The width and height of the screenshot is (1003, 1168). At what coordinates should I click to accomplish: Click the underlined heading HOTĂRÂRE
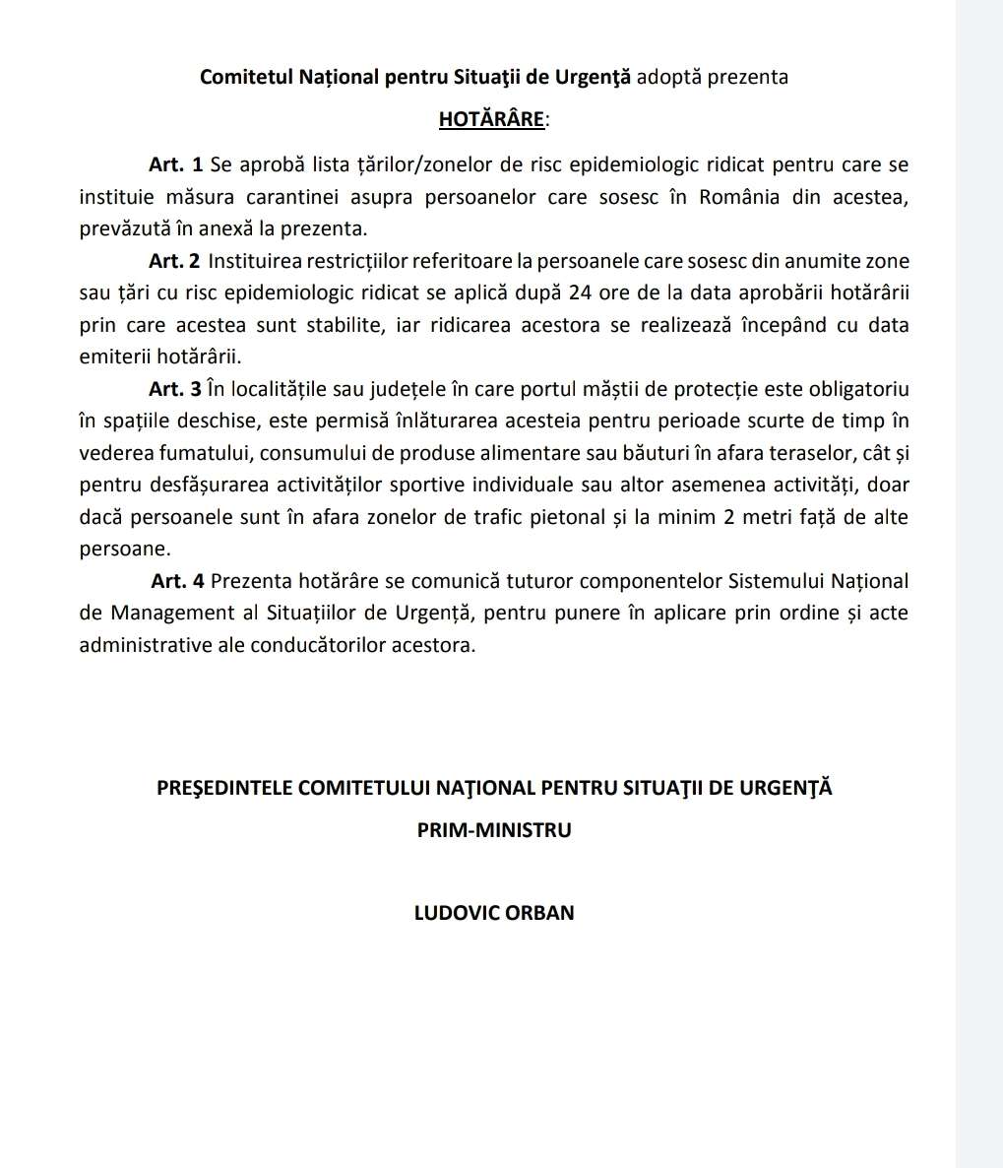click(x=491, y=120)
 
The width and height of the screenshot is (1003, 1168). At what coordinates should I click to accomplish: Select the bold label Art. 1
click(x=176, y=163)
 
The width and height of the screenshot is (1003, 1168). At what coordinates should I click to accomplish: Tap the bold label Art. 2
click(x=175, y=261)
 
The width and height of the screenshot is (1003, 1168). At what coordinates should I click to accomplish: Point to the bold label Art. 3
click(x=175, y=389)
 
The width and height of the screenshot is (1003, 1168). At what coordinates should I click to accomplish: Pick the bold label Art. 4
click(x=177, y=582)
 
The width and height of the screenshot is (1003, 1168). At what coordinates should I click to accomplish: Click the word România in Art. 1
click(x=739, y=196)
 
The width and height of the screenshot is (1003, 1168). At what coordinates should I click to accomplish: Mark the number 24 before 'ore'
click(x=579, y=293)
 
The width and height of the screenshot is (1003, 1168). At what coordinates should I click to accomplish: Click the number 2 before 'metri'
click(x=729, y=517)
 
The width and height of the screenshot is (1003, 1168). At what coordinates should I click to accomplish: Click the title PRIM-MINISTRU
click(x=494, y=830)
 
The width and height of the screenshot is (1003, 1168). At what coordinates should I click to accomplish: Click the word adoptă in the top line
click(x=665, y=77)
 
